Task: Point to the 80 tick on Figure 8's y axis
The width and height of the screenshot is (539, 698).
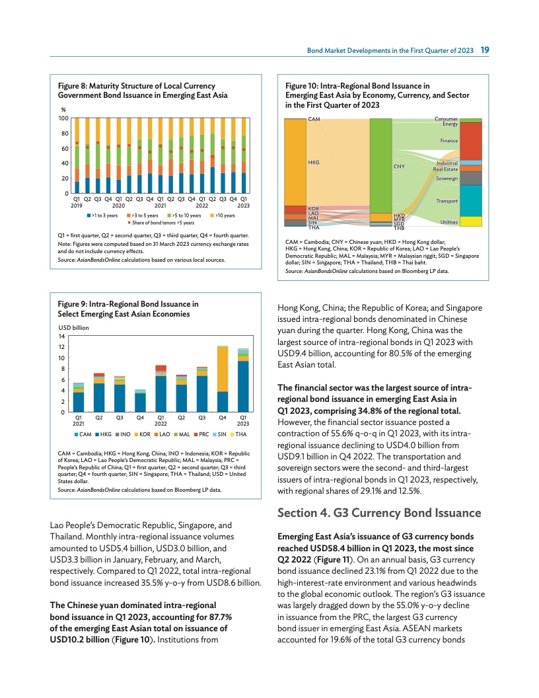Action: point(64,133)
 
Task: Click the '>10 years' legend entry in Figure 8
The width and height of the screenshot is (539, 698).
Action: point(224,215)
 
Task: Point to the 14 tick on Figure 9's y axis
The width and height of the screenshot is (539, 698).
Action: point(62,336)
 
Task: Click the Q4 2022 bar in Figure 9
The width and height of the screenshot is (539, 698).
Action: point(223,378)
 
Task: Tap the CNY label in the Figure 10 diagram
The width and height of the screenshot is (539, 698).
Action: point(398,167)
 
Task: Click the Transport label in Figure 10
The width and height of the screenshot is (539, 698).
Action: point(447,200)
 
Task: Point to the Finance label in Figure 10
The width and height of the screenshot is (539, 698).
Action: point(449,141)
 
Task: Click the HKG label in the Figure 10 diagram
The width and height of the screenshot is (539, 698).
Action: point(314,162)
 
